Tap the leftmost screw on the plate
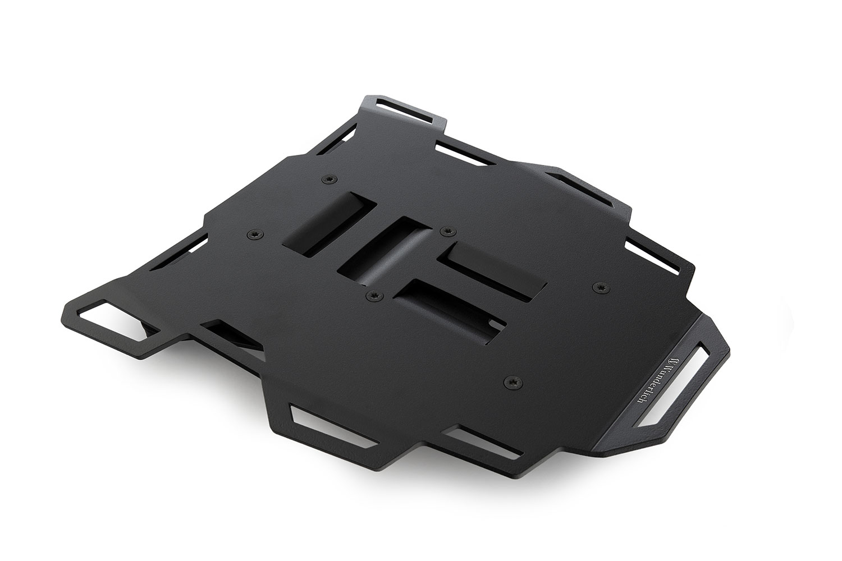(x=255, y=234)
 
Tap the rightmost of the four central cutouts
(x=494, y=268)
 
